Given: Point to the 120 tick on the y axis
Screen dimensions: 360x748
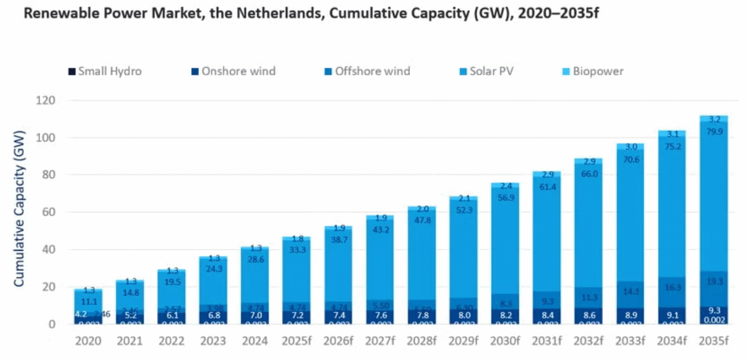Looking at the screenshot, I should [x=46, y=101].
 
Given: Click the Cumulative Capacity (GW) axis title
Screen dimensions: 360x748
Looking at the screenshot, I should [x=20, y=208].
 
